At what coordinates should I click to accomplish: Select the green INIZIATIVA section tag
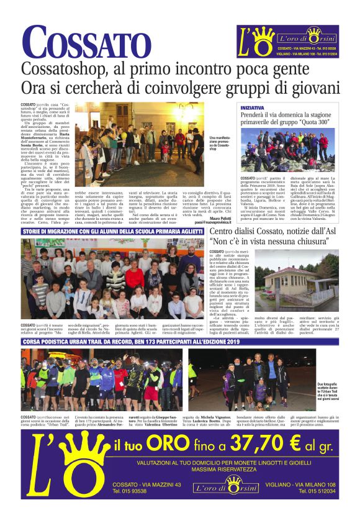coord(251,107)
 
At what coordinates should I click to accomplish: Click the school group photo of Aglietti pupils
coord(112,277)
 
